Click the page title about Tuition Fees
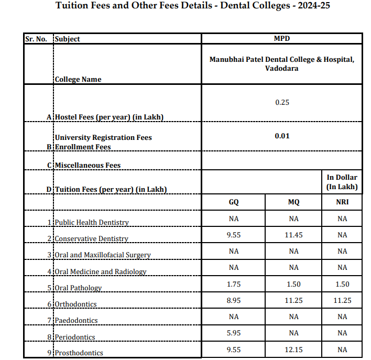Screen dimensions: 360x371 (x=193, y=6)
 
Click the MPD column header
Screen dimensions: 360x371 (x=282, y=39)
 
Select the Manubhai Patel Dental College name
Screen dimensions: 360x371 (x=282, y=64)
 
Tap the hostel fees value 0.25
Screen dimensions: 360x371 (x=282, y=102)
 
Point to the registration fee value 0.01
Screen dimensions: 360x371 (x=282, y=136)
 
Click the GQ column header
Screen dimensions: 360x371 (x=234, y=202)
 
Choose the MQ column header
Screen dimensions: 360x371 (x=293, y=202)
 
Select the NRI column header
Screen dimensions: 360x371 (x=342, y=202)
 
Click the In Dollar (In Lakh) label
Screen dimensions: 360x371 (x=342, y=182)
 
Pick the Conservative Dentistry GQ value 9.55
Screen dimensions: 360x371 (x=234, y=235)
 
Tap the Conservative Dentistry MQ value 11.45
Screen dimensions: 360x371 (x=293, y=235)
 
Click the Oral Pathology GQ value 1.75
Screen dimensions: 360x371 (x=234, y=284)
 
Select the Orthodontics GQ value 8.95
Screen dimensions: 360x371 (x=234, y=300)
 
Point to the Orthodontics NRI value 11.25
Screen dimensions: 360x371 (x=342, y=300)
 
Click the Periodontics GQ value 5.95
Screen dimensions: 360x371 (x=234, y=333)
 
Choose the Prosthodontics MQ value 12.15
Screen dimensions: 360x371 (x=293, y=349)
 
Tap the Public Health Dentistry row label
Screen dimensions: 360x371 (x=92, y=222)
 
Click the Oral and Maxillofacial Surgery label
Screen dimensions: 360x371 (x=103, y=255)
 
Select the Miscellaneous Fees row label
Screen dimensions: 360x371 (x=88, y=165)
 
